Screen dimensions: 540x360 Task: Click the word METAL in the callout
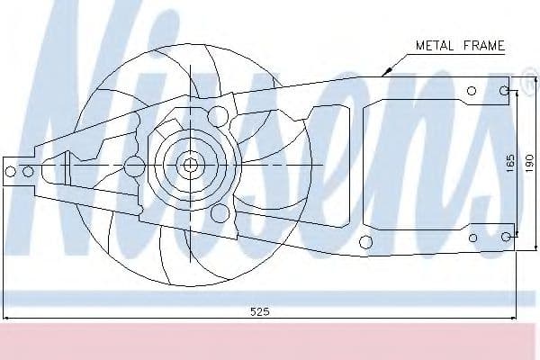pos(435,46)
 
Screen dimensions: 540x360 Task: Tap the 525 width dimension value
pos(260,311)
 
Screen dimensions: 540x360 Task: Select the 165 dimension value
pos(510,163)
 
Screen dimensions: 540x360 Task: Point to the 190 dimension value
pos(529,163)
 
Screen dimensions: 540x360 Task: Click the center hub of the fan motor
pos(189,166)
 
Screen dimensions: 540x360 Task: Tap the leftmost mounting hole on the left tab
pos(11,171)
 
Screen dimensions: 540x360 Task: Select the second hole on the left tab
pos(28,171)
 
